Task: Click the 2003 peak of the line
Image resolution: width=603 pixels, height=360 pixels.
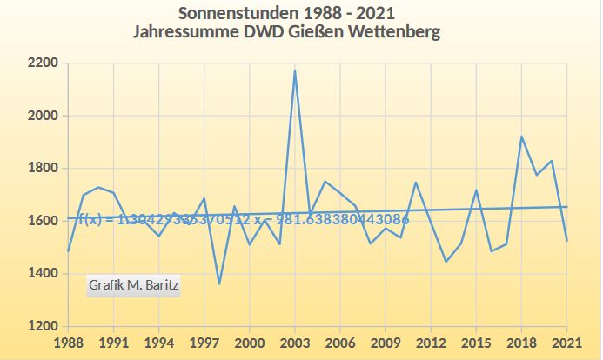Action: tap(295, 71)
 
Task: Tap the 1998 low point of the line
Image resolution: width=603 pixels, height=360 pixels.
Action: tap(219, 283)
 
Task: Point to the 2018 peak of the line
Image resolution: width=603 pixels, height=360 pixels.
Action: tap(521, 137)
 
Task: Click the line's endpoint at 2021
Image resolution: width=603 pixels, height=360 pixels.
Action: tap(566, 241)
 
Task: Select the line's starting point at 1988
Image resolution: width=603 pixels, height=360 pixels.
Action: tap(68, 251)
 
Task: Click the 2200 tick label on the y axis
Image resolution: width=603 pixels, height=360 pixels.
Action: tap(43, 63)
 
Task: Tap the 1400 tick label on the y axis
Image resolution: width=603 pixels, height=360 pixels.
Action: tap(43, 274)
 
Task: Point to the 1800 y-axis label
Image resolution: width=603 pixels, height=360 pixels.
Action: tap(43, 169)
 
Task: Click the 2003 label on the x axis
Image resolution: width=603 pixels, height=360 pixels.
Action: tap(295, 343)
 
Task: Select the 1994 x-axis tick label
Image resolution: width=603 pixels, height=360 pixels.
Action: tap(158, 343)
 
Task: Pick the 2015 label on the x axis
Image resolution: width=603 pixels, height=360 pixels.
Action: tap(476, 343)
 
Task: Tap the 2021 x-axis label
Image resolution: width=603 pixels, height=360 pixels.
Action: tap(566, 343)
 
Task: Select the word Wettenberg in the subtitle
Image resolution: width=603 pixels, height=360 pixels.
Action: tap(392, 32)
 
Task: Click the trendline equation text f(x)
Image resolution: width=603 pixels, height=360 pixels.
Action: tap(90, 220)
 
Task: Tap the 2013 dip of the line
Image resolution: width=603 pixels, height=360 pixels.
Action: tap(446, 262)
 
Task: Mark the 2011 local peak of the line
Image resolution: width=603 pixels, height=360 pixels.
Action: tap(416, 183)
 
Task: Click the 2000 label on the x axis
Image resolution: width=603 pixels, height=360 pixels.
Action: tap(250, 343)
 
